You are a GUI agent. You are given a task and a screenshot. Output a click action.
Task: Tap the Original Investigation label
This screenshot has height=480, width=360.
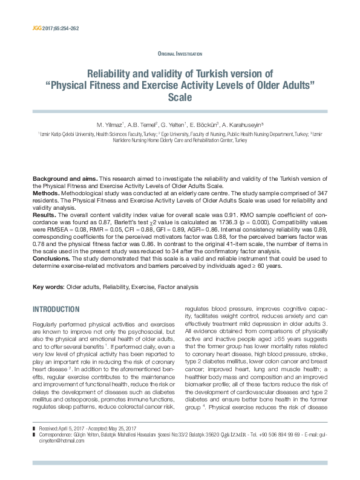coord(180,54)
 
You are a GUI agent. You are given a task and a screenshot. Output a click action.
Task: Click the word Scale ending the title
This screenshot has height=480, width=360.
coord(180,97)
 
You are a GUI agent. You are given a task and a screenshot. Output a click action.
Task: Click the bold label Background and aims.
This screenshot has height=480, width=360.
coord(65,180)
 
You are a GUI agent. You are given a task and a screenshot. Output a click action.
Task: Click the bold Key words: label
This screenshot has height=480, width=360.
coord(48,286)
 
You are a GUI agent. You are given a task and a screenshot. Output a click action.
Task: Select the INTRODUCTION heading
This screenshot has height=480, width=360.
coord(59,310)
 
